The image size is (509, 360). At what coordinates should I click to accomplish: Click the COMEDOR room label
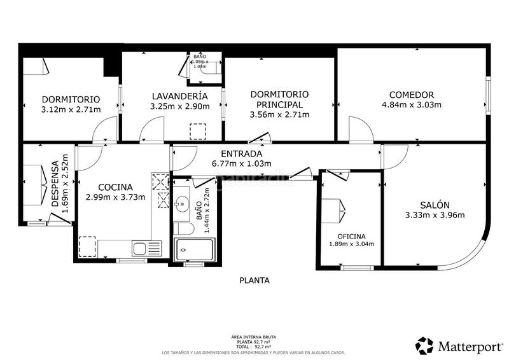(x=411, y=94)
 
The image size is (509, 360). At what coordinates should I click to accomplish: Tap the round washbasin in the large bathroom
(x=183, y=205)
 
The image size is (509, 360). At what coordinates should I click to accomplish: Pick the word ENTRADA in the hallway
(x=241, y=154)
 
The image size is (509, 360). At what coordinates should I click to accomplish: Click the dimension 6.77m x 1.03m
(x=241, y=163)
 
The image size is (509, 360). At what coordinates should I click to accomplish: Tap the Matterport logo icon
(x=425, y=345)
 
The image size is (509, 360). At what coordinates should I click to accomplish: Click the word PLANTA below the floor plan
(x=254, y=280)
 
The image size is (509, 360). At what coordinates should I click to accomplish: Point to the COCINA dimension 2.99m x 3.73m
(x=115, y=197)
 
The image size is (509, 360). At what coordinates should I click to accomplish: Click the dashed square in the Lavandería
(x=199, y=130)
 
